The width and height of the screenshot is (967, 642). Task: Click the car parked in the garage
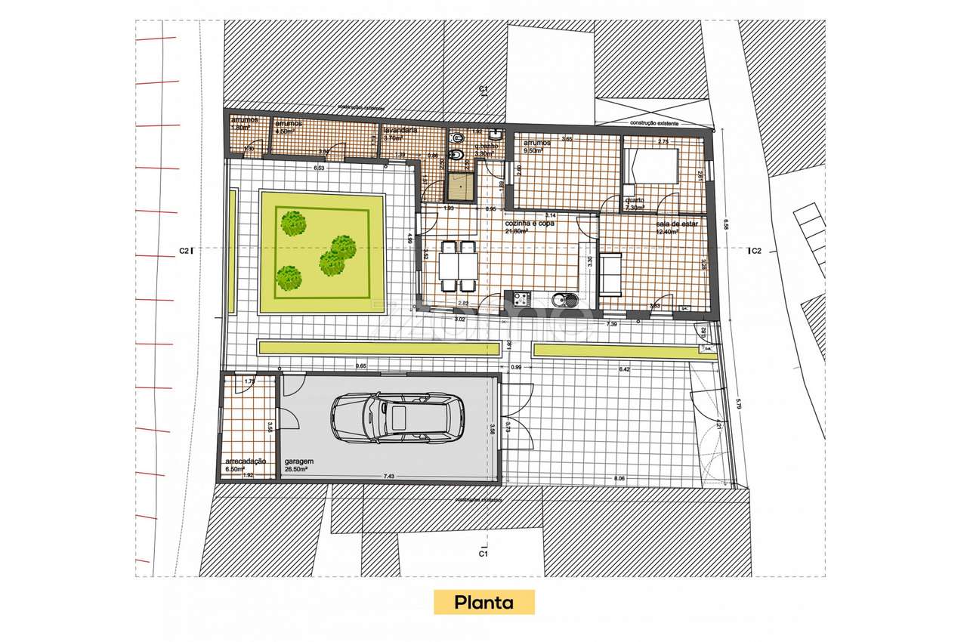(397, 418)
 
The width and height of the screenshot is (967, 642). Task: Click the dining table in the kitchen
(458, 265)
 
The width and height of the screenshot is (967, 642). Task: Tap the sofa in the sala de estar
(609, 275)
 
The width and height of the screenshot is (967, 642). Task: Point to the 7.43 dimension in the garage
(389, 476)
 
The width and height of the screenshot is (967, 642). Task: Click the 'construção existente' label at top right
(653, 122)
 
